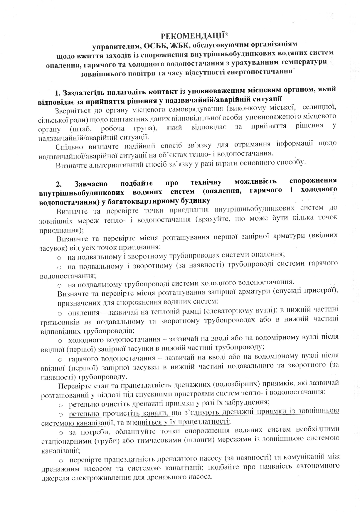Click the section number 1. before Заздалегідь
(58, 94)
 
